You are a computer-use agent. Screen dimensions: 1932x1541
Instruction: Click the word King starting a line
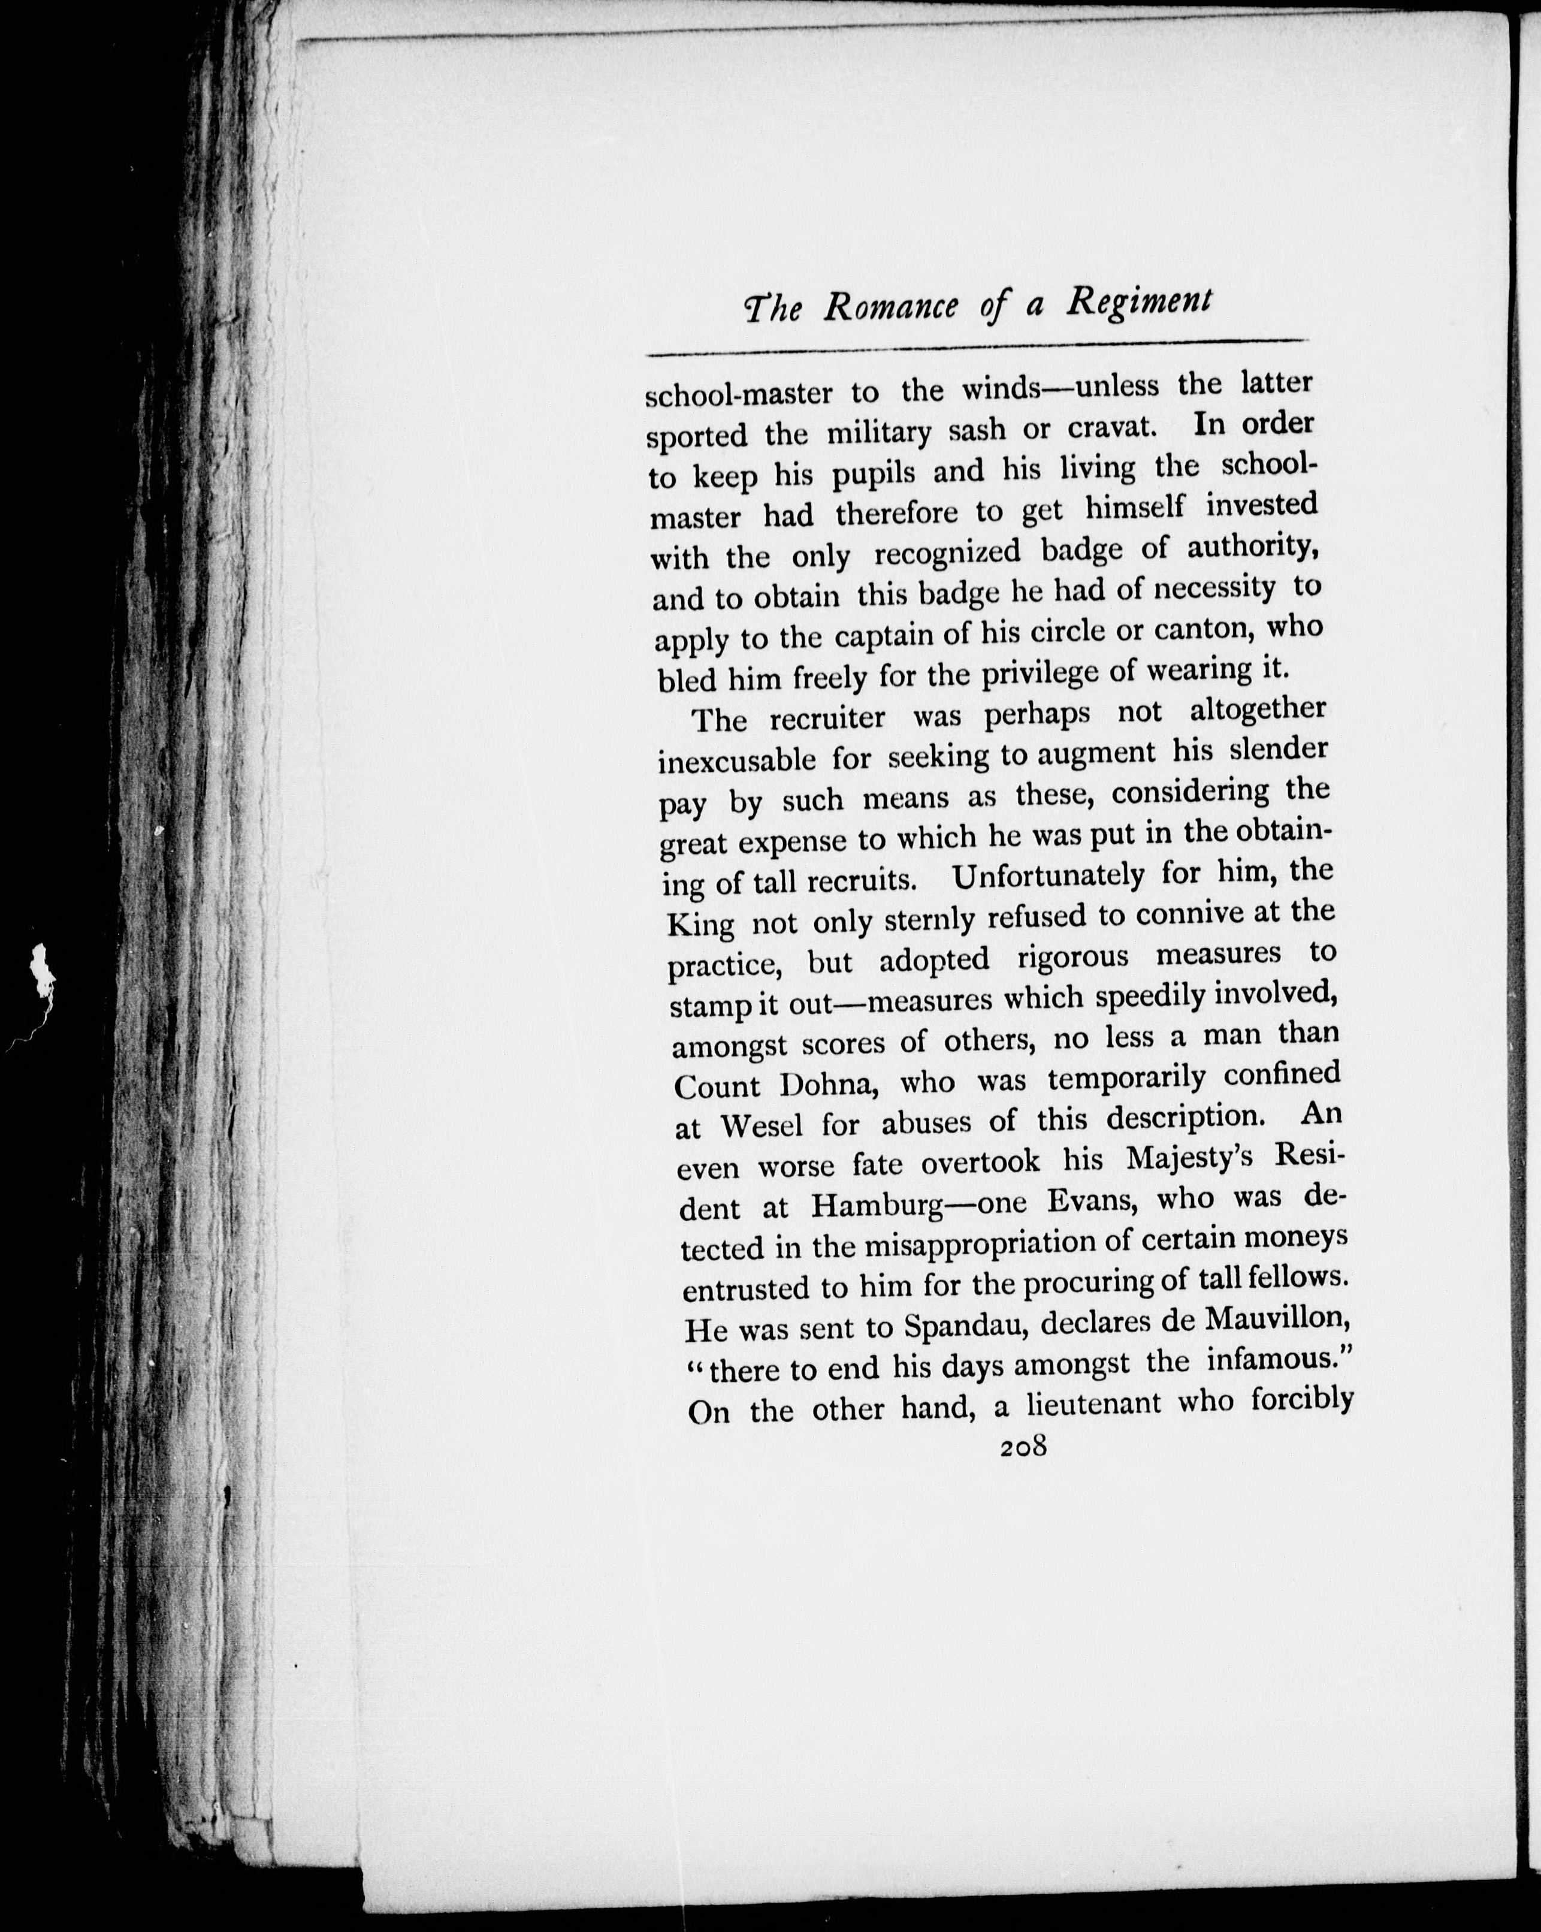coord(702,924)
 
